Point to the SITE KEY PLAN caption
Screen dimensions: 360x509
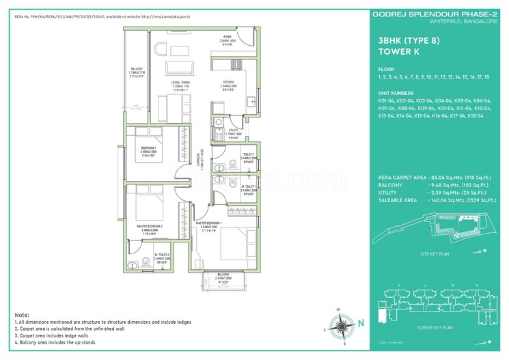tap(436, 254)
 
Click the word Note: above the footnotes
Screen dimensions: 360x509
tap(22, 314)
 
